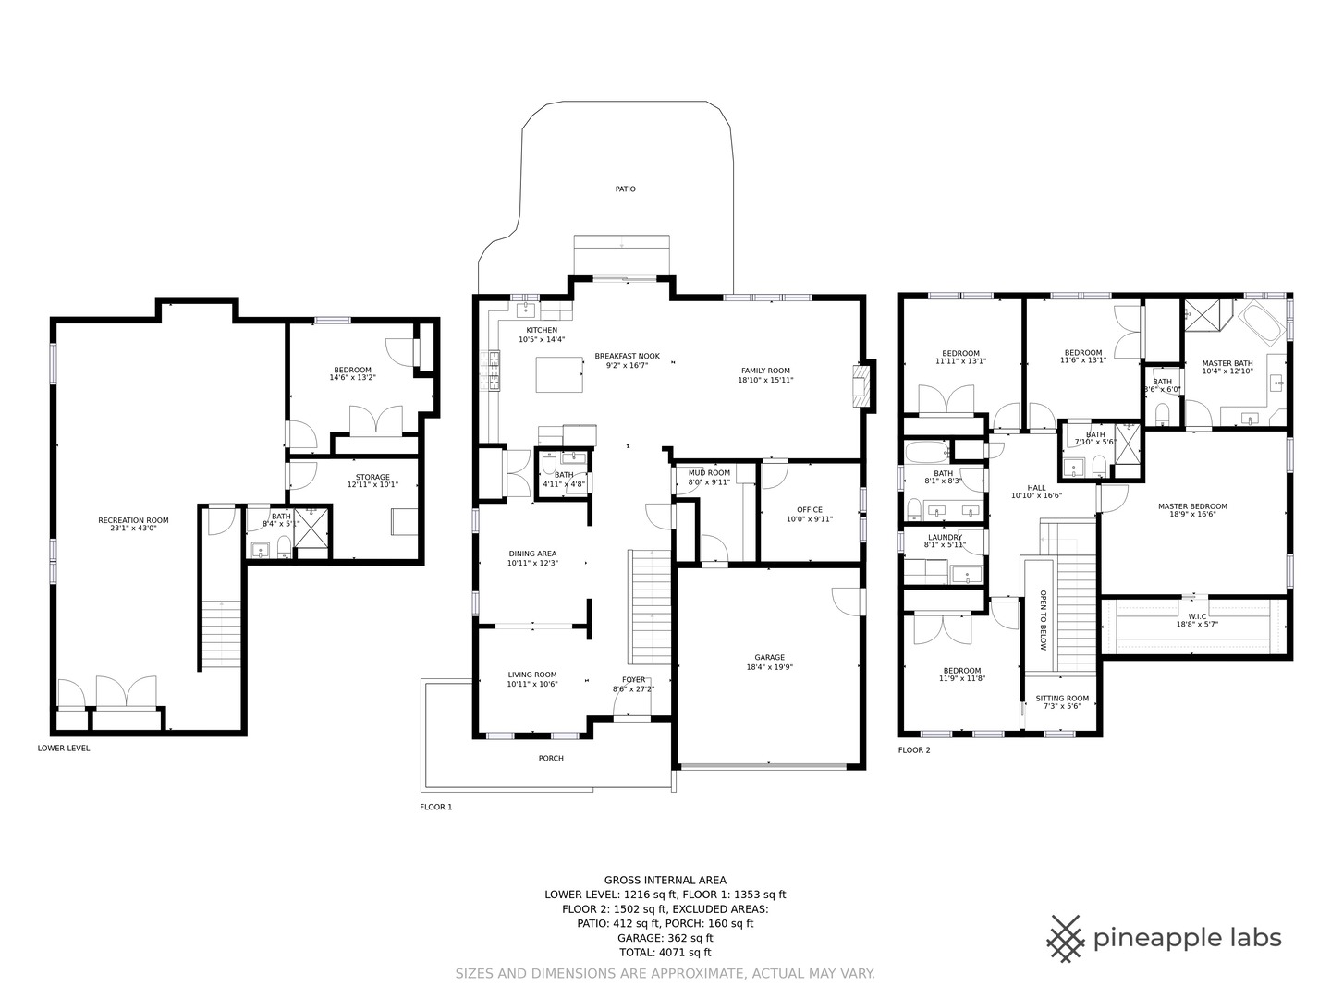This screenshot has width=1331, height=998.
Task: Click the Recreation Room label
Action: coord(133,520)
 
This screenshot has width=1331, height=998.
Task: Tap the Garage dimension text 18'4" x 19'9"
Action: coord(770,667)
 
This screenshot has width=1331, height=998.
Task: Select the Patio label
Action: coord(626,189)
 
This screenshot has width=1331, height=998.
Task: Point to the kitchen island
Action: coord(559,374)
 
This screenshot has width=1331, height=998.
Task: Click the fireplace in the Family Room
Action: coord(861,386)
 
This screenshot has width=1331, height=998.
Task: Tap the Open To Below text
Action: coord(1044,620)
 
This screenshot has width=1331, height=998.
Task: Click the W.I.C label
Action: coord(1197,616)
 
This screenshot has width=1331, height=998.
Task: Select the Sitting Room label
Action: coord(1062,698)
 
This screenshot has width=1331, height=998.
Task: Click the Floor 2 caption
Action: coord(914,750)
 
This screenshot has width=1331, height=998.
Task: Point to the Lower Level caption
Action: coord(64,748)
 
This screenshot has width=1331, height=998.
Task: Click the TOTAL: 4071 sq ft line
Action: coord(665,953)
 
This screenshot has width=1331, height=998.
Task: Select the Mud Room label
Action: coord(709,472)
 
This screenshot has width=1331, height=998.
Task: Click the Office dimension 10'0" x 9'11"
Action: coord(810,519)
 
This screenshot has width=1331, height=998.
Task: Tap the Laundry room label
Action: coord(945,538)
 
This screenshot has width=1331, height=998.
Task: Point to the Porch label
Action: coord(551,758)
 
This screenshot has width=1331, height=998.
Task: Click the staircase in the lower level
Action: coord(221,633)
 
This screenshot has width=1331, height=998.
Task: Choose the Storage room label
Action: coord(372,477)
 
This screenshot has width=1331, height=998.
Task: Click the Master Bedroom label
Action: coord(1192,506)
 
